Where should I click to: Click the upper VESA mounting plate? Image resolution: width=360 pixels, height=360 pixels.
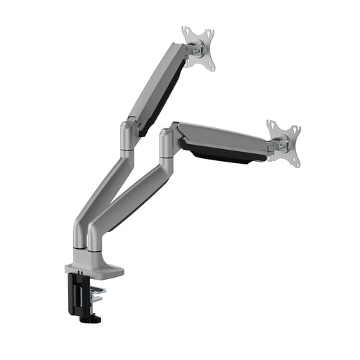point(198,48)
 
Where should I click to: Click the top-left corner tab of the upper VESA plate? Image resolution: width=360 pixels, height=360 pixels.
point(186,32)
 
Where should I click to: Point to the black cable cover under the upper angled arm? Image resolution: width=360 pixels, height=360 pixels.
point(163,99)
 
